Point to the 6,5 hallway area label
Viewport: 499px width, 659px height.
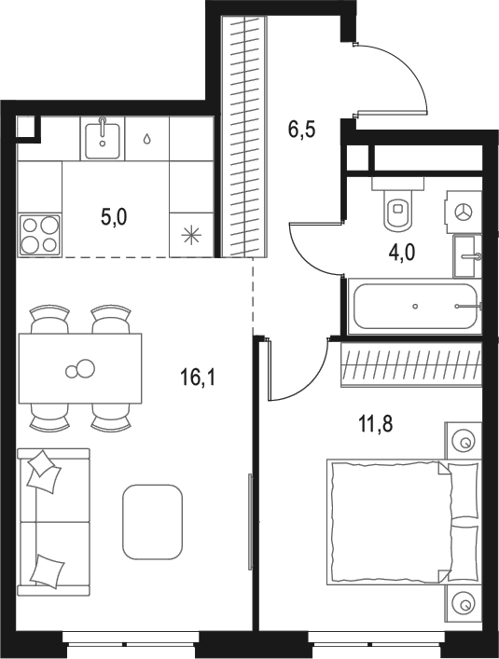pos(301,129)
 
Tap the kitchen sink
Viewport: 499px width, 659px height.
pos(102,139)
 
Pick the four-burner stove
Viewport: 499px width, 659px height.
pos(40,234)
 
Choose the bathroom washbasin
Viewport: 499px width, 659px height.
pos(467,254)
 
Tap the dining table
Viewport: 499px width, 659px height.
pos(80,368)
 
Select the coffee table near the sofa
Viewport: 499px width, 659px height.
pos(152,521)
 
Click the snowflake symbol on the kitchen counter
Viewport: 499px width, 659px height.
pos(192,233)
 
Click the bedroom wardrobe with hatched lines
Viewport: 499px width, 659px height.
pos(411,364)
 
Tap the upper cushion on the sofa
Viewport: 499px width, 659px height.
pos(43,471)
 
